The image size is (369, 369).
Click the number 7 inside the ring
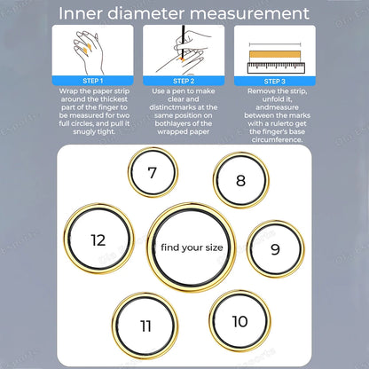click(x=152, y=173)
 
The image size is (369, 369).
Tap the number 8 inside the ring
click(x=240, y=181)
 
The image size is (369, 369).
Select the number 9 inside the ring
click(x=274, y=249)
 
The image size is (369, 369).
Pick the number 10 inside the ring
click(x=239, y=321)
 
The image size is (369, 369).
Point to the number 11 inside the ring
click(x=145, y=326)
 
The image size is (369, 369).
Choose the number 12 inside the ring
click(x=98, y=239)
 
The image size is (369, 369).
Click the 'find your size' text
click(x=191, y=248)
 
